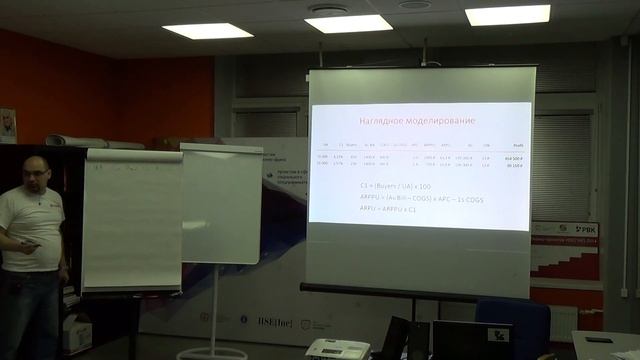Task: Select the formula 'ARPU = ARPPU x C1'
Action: point(393,210)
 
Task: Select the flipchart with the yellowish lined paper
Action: point(131,220)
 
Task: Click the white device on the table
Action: point(336,349)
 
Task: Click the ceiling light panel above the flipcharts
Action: point(208,30)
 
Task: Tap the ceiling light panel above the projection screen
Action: point(348,23)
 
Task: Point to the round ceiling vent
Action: point(328,8)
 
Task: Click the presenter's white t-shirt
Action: point(32,225)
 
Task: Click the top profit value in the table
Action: point(516,157)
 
